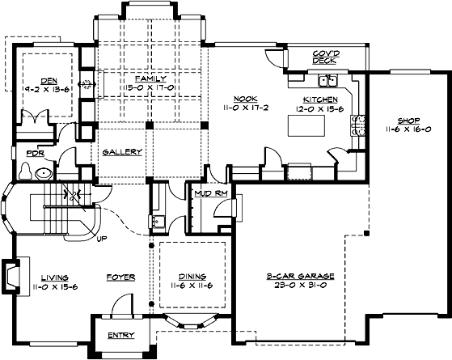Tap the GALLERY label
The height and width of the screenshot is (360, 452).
(x=123, y=152)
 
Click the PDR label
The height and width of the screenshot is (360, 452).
(x=35, y=153)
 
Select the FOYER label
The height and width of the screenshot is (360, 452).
(x=120, y=277)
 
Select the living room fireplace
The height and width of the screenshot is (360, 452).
(x=10, y=274)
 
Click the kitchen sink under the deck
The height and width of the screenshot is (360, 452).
(x=328, y=80)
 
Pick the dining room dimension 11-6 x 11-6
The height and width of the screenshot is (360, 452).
(x=192, y=286)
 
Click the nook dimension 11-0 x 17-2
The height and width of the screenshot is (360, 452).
(x=245, y=106)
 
